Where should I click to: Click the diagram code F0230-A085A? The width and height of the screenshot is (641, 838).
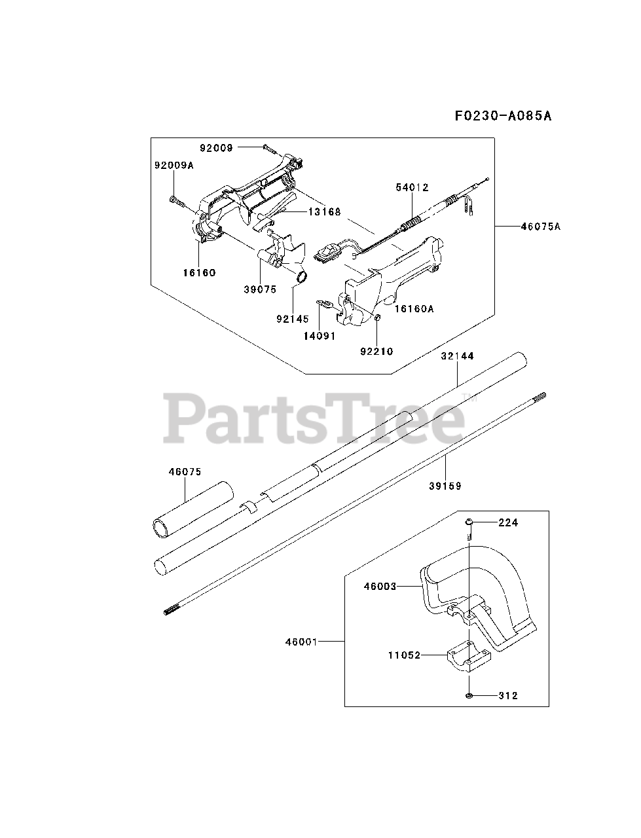click(x=503, y=116)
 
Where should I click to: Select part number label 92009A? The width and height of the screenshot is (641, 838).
click(x=174, y=166)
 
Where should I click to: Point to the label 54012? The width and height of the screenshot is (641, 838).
click(x=412, y=187)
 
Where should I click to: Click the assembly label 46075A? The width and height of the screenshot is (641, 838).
click(x=541, y=227)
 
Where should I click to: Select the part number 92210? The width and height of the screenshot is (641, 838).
click(x=376, y=351)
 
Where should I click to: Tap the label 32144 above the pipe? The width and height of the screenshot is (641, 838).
click(x=457, y=356)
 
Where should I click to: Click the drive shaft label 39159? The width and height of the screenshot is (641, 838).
click(x=445, y=486)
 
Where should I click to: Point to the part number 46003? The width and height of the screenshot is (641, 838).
click(x=380, y=587)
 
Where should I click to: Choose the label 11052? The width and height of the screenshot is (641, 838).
click(x=403, y=654)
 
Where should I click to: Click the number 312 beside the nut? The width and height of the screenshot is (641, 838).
click(x=507, y=695)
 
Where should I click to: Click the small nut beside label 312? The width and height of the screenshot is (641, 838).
click(x=471, y=695)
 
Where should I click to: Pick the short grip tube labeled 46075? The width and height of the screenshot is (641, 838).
click(x=192, y=509)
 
